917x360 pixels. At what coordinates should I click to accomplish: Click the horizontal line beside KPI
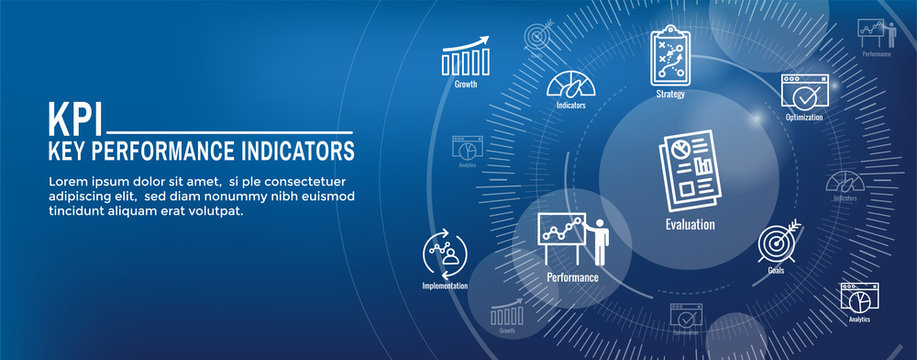coord(229,131)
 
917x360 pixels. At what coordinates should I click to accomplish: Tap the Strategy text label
coord(670,94)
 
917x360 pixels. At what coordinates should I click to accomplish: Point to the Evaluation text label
coord(690,224)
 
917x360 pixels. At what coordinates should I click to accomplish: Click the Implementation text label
coord(444,286)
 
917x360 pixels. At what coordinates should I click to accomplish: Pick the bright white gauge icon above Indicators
coord(571,81)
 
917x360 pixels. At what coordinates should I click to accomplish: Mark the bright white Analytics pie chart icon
coord(859,298)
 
